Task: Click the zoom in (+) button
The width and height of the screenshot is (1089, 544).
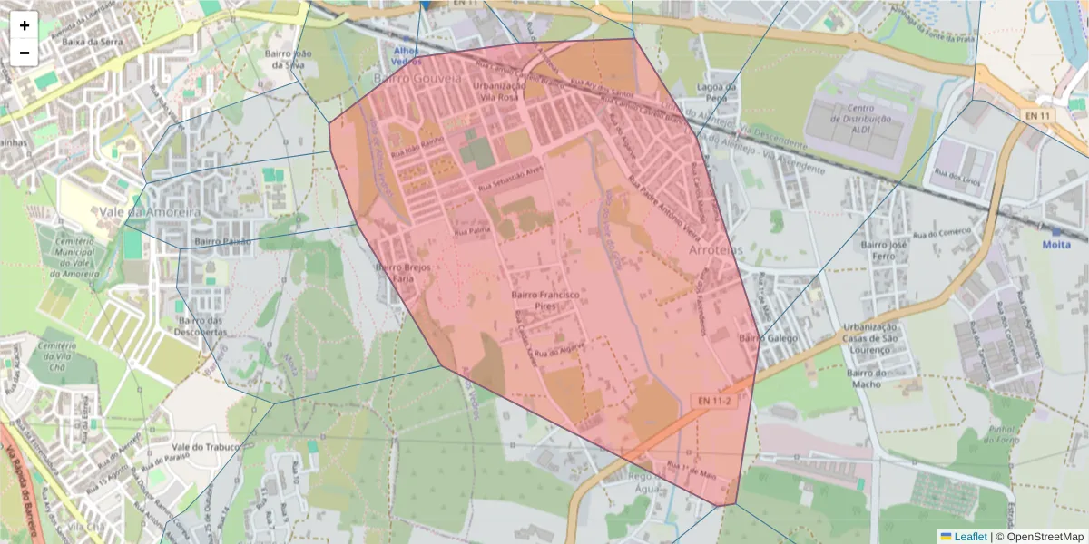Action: (25, 25)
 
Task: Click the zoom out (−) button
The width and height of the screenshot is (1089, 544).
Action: (25, 53)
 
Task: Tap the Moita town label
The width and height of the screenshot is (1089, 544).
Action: (1055, 245)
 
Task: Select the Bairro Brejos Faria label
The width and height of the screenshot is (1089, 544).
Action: (401, 273)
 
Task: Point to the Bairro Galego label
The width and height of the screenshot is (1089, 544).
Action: (768, 338)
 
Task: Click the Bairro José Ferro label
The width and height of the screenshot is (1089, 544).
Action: (885, 251)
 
